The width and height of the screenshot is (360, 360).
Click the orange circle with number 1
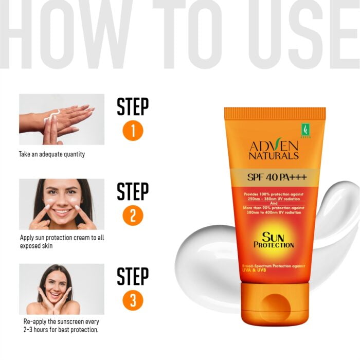[133, 131]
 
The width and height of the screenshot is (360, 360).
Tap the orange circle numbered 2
[133, 215]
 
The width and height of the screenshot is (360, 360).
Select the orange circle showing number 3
[133, 300]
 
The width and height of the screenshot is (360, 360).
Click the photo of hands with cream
[62, 119]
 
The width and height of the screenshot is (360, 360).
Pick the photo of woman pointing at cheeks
[62, 204]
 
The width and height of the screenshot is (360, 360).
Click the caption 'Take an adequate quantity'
[52, 154]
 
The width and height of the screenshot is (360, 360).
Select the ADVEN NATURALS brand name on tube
[274, 150]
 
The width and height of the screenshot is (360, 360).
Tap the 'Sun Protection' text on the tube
[274, 240]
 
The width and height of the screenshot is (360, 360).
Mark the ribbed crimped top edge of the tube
[275, 113]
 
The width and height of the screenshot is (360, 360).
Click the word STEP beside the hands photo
[133, 107]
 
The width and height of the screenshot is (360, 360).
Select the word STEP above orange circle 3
[133, 276]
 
